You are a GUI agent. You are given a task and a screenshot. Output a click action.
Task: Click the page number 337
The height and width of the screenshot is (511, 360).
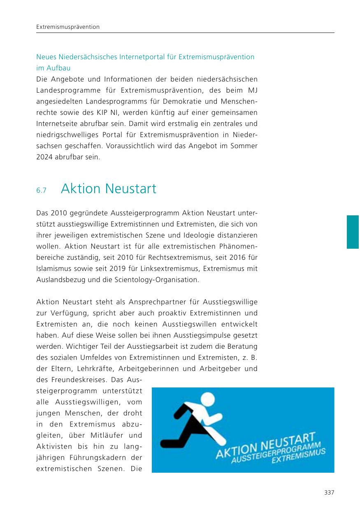click(x=329, y=492)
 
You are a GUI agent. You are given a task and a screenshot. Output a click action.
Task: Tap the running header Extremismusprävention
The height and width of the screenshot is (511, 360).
click(x=68, y=27)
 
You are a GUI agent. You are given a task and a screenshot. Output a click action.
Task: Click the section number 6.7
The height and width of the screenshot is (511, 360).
click(x=42, y=190)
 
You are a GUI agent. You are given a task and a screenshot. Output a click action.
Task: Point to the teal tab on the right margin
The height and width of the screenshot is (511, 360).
click(x=353, y=232)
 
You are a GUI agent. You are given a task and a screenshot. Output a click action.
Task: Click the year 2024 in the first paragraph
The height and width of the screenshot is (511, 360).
click(x=44, y=157)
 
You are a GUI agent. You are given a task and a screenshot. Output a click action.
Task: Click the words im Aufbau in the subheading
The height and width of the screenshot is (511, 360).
click(x=51, y=68)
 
